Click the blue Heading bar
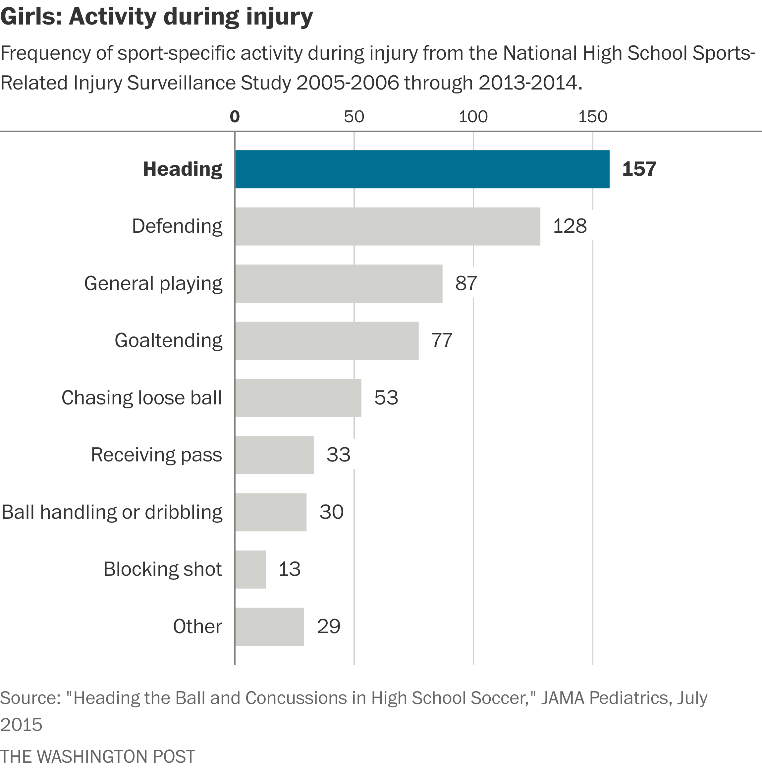pyautogui.click(x=422, y=169)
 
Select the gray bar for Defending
pyautogui.click(x=387, y=226)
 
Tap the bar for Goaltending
pyautogui.click(x=327, y=341)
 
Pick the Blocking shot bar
pyautogui.click(x=250, y=569)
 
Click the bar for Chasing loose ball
pyautogui.click(x=298, y=398)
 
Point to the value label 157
pyautogui.click(x=639, y=169)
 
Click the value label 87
pyautogui.click(x=466, y=283)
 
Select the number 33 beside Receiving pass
pyautogui.click(x=338, y=455)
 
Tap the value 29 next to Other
pyautogui.click(x=329, y=626)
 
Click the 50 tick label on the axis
pyautogui.click(x=354, y=117)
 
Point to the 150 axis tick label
pyautogui.click(x=592, y=117)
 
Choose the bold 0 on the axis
pyautogui.click(x=235, y=117)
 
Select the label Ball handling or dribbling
pyautogui.click(x=112, y=512)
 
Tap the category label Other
pyautogui.click(x=197, y=626)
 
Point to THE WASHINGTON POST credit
pyautogui.click(x=98, y=756)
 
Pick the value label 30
pyautogui.click(x=331, y=512)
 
